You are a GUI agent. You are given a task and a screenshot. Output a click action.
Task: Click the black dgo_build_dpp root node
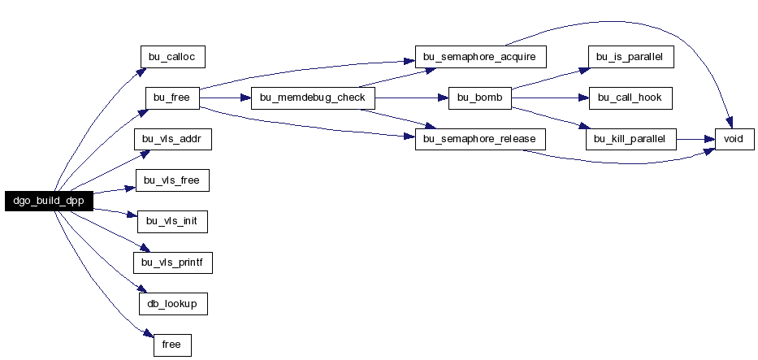pos(49,201)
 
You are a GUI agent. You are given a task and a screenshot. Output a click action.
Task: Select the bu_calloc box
pos(172,57)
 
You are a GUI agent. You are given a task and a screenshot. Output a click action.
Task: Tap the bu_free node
pos(172,98)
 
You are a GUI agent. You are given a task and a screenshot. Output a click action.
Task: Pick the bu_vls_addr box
pos(172,139)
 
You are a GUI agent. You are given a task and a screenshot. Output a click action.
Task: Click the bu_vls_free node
pos(172,180)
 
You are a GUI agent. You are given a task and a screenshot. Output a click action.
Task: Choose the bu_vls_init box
pos(172,222)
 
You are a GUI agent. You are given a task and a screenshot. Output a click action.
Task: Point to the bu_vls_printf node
pos(172,262)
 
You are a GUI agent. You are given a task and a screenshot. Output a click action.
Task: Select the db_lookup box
pos(172,304)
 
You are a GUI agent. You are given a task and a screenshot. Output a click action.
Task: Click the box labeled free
pos(172,345)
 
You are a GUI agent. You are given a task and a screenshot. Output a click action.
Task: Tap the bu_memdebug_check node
pos(314,98)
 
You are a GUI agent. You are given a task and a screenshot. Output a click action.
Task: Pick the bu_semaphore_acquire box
pos(480,57)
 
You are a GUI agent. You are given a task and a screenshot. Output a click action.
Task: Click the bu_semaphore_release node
pos(480,139)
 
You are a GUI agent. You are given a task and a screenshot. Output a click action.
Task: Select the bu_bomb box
pos(480,98)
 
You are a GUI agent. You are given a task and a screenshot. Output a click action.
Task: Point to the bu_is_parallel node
pos(631,57)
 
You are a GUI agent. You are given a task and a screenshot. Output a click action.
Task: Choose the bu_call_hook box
pos(630,98)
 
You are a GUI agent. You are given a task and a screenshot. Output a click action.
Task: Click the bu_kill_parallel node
pos(631,139)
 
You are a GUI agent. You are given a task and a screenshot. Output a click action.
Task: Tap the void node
pos(734,139)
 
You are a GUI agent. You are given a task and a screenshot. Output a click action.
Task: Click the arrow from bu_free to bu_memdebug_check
pos(225,98)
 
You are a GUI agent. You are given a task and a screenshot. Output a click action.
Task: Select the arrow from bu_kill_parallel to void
pos(695,139)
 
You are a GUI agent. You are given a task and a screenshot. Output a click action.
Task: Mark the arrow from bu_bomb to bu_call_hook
pos(550,98)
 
